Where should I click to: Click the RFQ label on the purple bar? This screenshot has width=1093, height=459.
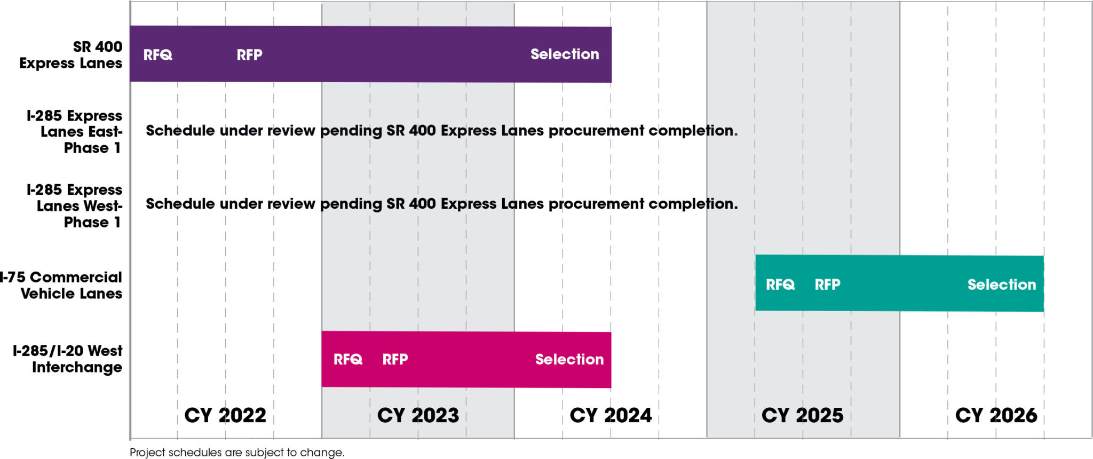[157, 55]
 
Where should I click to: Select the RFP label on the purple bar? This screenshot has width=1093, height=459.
[249, 55]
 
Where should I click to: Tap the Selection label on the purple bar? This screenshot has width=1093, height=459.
[565, 54]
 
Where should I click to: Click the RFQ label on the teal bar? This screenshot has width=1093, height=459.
[780, 284]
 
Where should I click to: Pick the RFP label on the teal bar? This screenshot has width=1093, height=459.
[827, 284]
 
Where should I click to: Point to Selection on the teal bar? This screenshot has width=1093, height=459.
[1002, 284]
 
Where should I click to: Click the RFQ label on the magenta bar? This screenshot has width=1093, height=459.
[348, 359]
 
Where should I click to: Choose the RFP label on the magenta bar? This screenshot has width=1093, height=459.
[395, 359]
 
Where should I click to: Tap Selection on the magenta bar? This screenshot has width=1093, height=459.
[569, 359]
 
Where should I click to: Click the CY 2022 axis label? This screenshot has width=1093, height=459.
[225, 415]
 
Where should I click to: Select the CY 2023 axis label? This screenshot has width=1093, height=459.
[418, 415]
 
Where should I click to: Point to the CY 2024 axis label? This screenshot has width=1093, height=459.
[611, 415]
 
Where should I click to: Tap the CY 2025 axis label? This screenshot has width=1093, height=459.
[803, 415]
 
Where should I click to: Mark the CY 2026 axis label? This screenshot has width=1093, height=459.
[996, 415]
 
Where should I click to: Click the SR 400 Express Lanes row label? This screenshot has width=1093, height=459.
[71, 55]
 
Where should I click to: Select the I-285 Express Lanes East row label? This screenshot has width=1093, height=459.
[75, 132]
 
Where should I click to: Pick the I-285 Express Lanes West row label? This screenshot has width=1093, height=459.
[75, 206]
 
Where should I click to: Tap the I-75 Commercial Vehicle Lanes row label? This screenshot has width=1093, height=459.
[62, 286]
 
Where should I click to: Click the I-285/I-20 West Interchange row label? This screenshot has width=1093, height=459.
[68, 359]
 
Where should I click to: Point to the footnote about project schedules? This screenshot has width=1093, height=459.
[237, 453]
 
